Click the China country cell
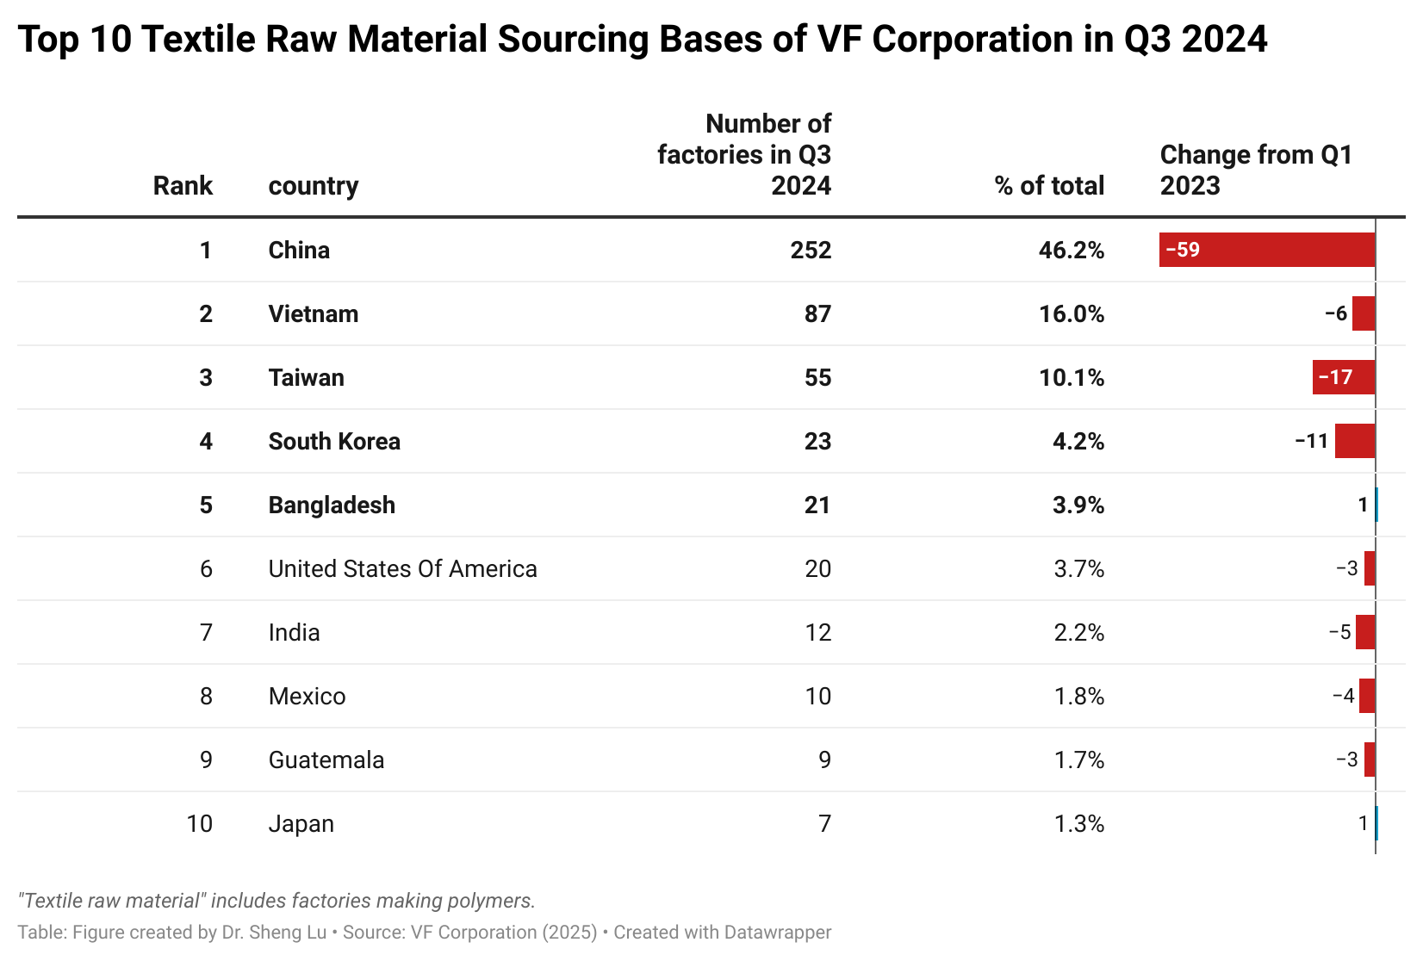pos(299,251)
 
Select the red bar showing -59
pos(1266,251)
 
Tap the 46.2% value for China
pos(1071,251)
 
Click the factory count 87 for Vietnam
pos(817,314)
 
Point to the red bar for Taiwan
pos(1343,378)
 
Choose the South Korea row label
pos(334,442)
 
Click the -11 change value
pos(1312,442)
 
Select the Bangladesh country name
pos(332,505)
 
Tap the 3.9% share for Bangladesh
pos(1078,505)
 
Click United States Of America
pos(402,569)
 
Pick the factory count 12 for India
pos(817,633)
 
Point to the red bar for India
pos(1365,633)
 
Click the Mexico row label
pos(307,697)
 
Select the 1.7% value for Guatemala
pos(1078,760)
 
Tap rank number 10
pos(199,824)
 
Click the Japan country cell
pos(301,824)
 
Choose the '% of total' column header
pos(1048,186)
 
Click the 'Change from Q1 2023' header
pos(1256,170)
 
